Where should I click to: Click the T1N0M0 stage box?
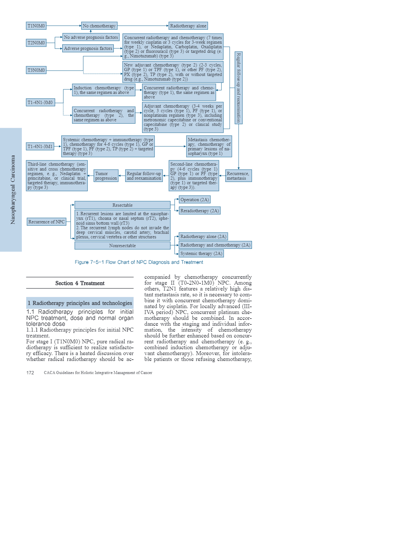36,26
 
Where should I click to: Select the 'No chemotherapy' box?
99,26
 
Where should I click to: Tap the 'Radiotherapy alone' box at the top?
188,26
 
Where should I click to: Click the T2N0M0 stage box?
36,43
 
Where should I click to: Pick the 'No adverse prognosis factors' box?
91,37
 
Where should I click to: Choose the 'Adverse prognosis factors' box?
88,49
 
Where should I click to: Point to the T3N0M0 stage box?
36,70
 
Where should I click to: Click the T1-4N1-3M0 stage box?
40,102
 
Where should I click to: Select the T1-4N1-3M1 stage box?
40,146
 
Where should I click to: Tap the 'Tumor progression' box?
106,176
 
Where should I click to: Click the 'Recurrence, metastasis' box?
238,176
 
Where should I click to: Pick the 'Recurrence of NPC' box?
47,222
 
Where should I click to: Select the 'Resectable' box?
123,205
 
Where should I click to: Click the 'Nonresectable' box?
123,246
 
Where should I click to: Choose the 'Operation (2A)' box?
195,200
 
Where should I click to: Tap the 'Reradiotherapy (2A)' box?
199,211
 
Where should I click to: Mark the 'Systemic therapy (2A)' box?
201,253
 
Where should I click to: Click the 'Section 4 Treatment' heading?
80,283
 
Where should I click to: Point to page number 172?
30,373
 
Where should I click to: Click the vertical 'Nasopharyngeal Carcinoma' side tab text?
13,189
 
